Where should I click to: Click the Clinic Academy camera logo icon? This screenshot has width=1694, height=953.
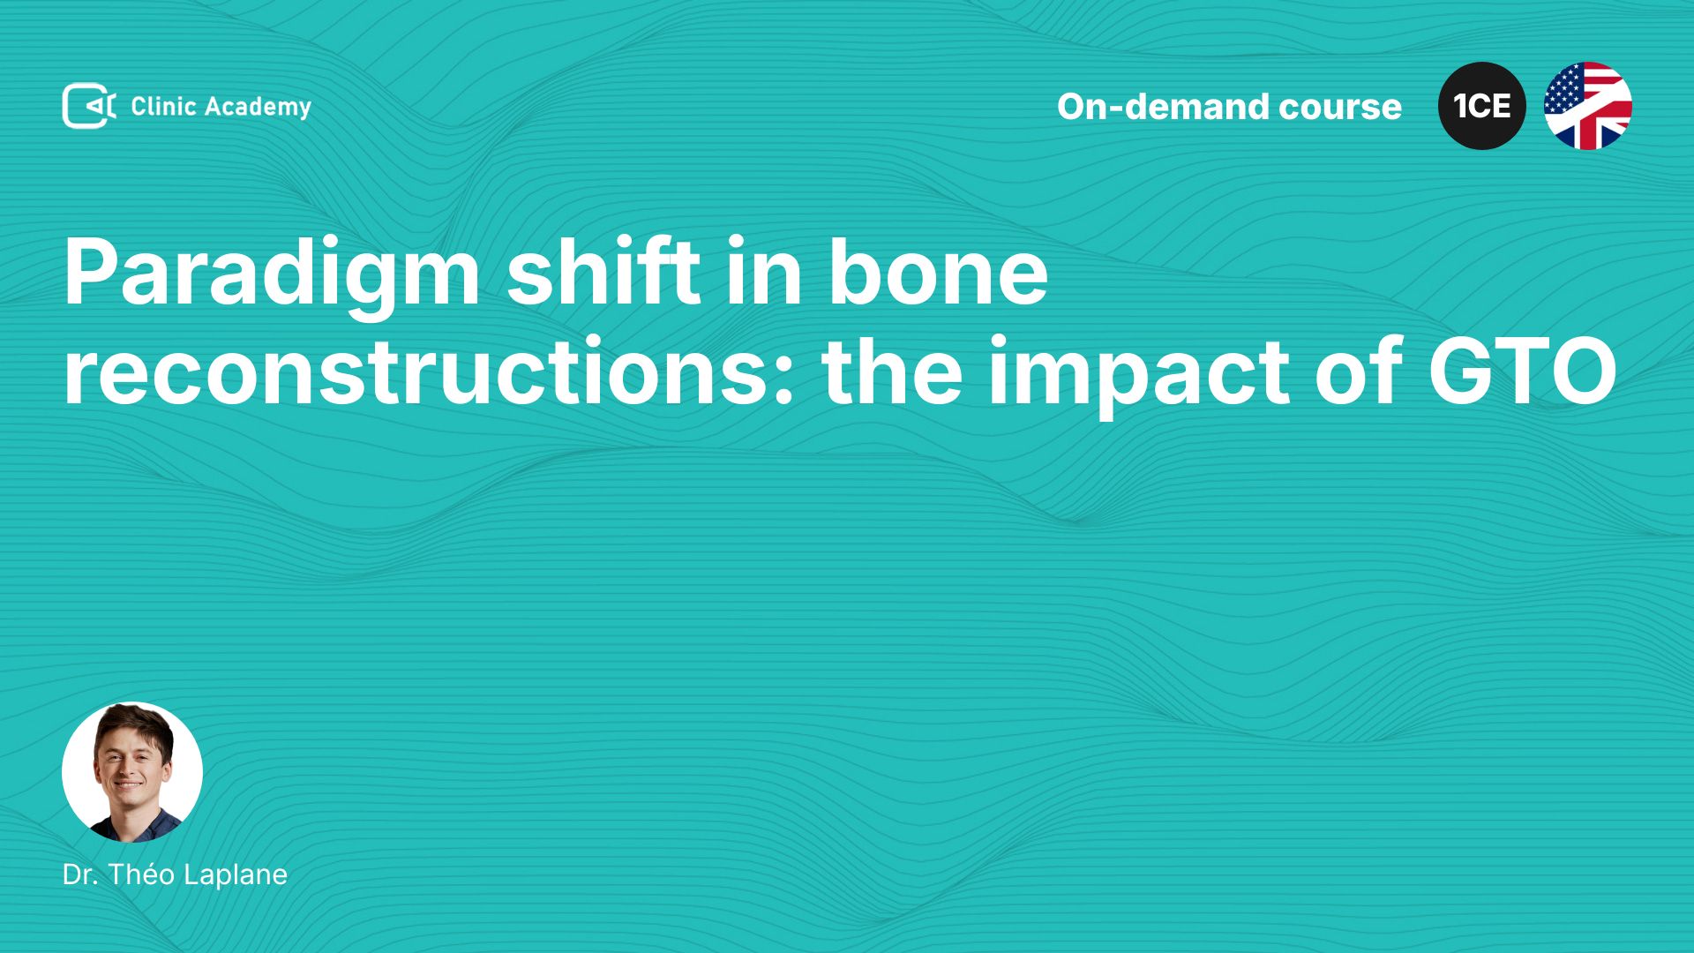(x=89, y=106)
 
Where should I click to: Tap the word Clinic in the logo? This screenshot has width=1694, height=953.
(x=163, y=106)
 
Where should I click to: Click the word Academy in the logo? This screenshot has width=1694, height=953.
(x=259, y=108)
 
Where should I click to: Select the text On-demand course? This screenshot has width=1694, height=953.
(x=1229, y=107)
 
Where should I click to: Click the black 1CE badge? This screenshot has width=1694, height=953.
(x=1482, y=106)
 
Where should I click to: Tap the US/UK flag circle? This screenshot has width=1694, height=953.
(x=1588, y=106)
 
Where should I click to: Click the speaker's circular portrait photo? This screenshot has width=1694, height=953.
(x=132, y=772)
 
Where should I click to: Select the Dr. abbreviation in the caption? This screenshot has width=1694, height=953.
(x=80, y=874)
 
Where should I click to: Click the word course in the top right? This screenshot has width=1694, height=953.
(x=1340, y=107)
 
